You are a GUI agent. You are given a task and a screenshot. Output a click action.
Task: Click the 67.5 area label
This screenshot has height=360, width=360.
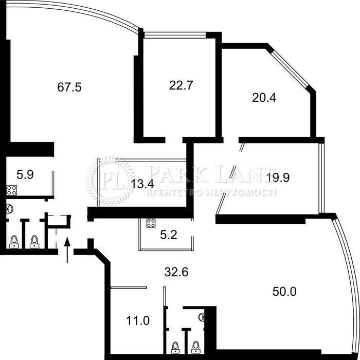pyautogui.click(x=69, y=87)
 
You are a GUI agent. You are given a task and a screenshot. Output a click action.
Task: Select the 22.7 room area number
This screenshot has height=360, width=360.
pyautogui.click(x=181, y=85)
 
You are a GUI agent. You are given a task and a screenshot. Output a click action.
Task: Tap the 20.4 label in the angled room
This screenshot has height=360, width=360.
pyautogui.click(x=264, y=98)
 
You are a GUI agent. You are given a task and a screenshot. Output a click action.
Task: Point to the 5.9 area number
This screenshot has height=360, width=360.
pyautogui.click(x=25, y=174)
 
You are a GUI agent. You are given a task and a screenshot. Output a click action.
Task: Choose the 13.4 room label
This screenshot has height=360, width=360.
pyautogui.click(x=142, y=184)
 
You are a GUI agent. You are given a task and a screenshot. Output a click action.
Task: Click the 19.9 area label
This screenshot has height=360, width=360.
pyautogui.click(x=278, y=177)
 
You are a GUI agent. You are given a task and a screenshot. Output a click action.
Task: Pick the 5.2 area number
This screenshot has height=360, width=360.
pyautogui.click(x=169, y=235)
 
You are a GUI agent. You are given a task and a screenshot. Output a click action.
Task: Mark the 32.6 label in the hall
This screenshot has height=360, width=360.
pyautogui.click(x=176, y=272)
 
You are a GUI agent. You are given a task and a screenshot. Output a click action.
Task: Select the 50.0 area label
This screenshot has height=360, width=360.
pyautogui.click(x=284, y=292)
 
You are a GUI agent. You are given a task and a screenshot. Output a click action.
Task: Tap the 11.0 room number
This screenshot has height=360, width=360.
pyautogui.click(x=138, y=320)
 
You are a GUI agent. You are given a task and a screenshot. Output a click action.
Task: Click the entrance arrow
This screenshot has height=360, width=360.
pyautogui.click(x=67, y=250)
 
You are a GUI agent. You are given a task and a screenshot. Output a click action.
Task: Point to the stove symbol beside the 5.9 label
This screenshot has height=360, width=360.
pyautogui.click(x=11, y=190)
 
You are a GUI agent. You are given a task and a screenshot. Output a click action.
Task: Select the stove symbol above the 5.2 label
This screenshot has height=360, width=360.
pyautogui.click(x=151, y=223)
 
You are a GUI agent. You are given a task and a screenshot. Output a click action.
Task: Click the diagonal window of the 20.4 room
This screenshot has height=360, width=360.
pyautogui.click(x=290, y=68)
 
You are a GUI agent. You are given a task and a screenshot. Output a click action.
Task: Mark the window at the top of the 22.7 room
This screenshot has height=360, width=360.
pyautogui.click(x=175, y=34)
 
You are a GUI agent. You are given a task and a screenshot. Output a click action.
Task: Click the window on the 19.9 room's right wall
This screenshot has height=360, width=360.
pyautogui.click(x=321, y=178)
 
